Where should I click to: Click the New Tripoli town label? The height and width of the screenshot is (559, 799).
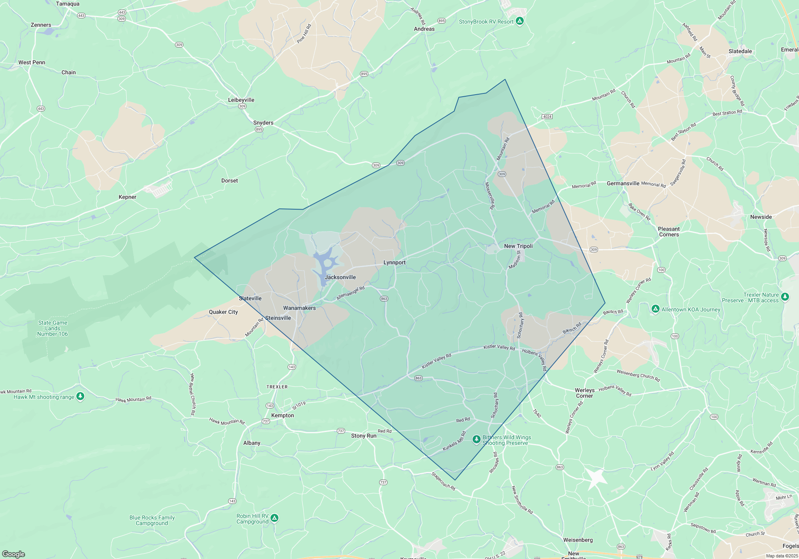coord(518,246)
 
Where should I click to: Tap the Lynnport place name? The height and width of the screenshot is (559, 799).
coord(394,262)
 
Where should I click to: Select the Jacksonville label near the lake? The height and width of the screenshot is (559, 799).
coord(340,277)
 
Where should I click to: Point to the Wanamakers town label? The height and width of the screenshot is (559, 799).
coord(299,308)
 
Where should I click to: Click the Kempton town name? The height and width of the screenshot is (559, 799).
coord(282,415)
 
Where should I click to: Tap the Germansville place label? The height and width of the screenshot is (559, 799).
coord(623,183)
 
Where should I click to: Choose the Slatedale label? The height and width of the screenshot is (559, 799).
coord(740,51)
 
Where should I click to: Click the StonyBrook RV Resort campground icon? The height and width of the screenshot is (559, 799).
coord(519,21)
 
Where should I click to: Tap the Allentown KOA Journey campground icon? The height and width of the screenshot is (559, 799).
coord(655,309)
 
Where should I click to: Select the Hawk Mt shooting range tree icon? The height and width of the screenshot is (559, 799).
coord(80,396)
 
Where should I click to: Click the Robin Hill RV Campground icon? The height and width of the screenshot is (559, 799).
coord(274,518)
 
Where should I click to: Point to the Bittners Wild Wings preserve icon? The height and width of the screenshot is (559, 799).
coord(476,439)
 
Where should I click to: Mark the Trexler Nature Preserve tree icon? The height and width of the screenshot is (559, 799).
coord(785,297)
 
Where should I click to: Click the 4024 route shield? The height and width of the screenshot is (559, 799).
coord(547,117)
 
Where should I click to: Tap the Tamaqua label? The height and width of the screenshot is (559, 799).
coord(68,4)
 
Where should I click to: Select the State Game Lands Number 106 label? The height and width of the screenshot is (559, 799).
coord(52,328)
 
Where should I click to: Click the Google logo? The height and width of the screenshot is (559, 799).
coord(13,554)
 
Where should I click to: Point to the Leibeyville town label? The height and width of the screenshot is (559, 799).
coord(241,100)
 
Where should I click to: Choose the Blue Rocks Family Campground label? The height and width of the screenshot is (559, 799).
coord(152,520)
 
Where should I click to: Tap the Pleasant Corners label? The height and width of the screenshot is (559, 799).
coord(669,232)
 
